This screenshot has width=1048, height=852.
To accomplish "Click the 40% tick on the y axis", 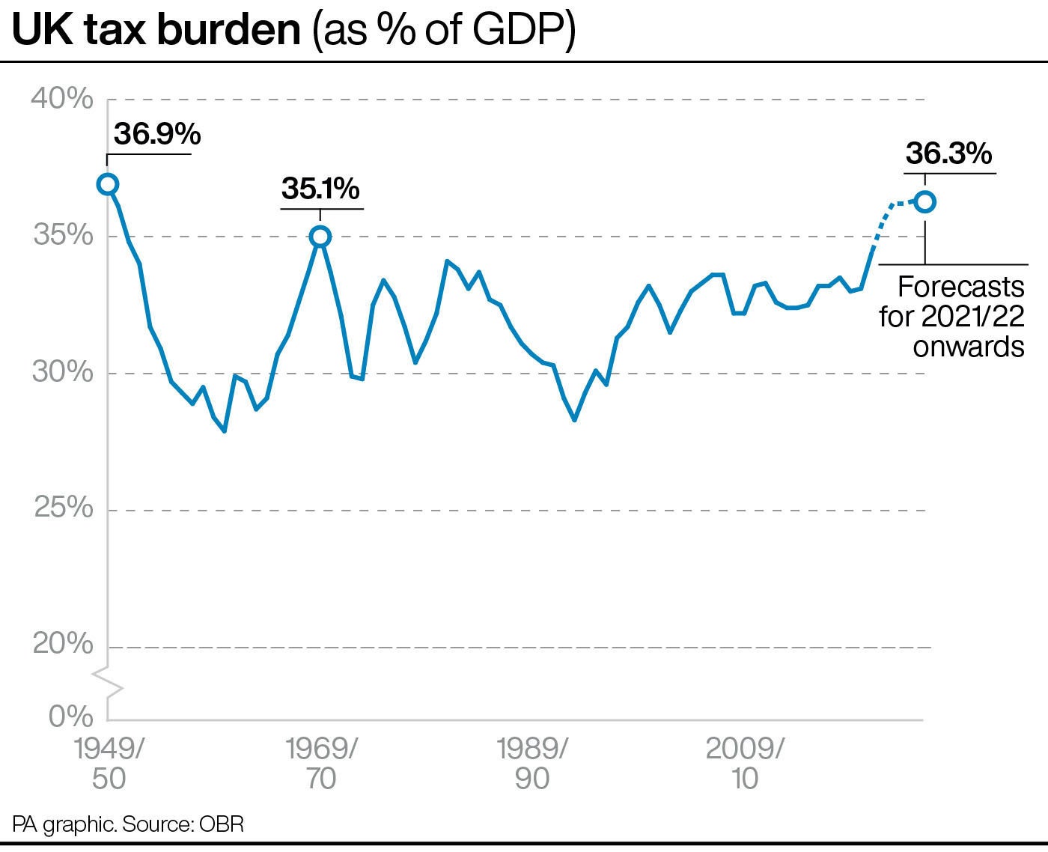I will (x=62, y=99).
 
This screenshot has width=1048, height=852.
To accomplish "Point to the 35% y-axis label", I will (x=62, y=236).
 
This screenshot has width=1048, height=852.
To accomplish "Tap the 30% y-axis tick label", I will (x=62, y=372).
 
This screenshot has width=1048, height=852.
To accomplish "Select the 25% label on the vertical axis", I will (x=62, y=508).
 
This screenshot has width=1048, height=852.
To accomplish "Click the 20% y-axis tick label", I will (x=62, y=645).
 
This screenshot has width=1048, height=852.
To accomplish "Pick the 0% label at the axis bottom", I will (x=71, y=716).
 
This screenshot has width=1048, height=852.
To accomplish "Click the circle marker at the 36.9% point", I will (x=108, y=184).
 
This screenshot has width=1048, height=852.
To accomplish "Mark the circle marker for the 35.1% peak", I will (x=320, y=237).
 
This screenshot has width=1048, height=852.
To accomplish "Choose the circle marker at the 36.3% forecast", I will (x=925, y=201).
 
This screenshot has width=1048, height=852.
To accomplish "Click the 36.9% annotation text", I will (x=157, y=135).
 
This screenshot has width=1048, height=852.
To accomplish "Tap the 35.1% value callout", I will (x=320, y=189).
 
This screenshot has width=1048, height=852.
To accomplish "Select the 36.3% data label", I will (x=948, y=153).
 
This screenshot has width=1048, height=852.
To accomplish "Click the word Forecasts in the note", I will (x=960, y=287).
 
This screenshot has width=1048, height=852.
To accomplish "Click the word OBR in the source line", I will (x=222, y=825).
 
